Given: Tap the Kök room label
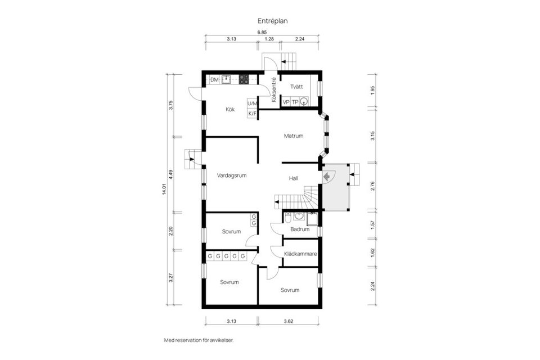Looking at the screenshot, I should click(x=230, y=109).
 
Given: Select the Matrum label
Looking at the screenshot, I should click(x=294, y=136).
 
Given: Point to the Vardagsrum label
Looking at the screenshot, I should click(x=232, y=175).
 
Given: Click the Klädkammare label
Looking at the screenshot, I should click(x=301, y=254).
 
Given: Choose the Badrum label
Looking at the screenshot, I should click(x=300, y=229).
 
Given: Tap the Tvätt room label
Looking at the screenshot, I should click(x=296, y=87).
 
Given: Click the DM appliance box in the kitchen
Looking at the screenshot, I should click(x=214, y=80).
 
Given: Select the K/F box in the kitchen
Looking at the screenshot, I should click(x=253, y=114).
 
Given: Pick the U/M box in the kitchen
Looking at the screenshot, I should click(x=253, y=103).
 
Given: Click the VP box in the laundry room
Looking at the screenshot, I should click(x=286, y=102).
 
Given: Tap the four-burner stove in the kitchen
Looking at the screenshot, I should click(x=244, y=80).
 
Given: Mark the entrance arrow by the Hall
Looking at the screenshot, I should click(x=326, y=176).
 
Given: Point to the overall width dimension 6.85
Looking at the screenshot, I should click(x=262, y=33).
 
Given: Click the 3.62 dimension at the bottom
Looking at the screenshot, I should click(x=290, y=322).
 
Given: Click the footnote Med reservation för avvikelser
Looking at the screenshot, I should click(x=198, y=340).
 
